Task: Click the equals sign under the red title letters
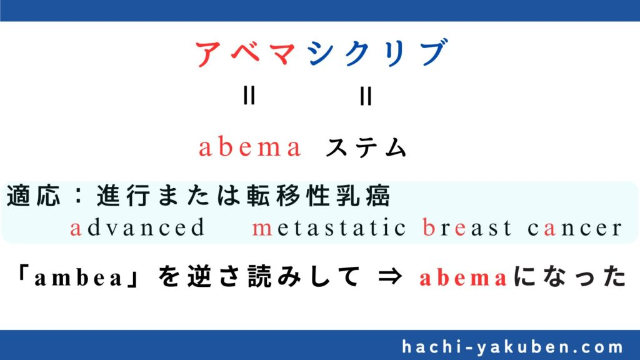[249, 96]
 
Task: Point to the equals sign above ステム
[366, 96]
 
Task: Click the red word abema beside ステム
[250, 147]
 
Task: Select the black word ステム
[366, 147]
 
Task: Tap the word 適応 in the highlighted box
[34, 196]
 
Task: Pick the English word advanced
[137, 227]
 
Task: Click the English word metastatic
[329, 227]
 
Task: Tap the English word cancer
[574, 228]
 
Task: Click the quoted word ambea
[78, 278]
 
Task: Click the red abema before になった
[463, 278]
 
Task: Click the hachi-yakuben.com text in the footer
[512, 347]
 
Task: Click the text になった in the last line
[569, 276]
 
